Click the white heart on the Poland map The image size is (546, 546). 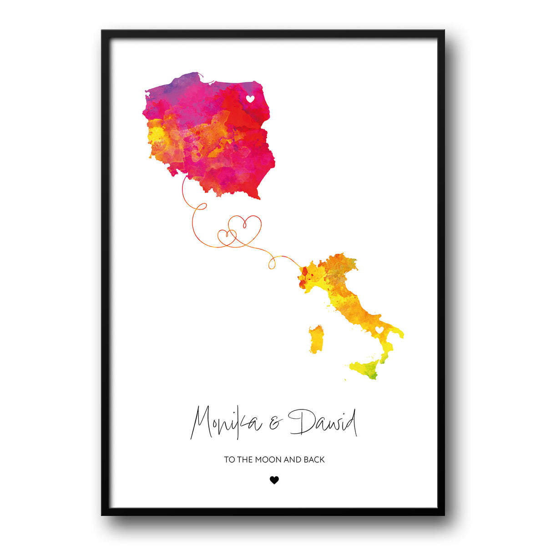coord(250,98)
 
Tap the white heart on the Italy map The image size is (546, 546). coord(379,329)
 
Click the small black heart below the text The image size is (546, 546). coord(274,480)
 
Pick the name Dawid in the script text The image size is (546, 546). coord(323,423)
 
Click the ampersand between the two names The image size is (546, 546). coord(275,425)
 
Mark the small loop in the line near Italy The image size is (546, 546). coord(273,263)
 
